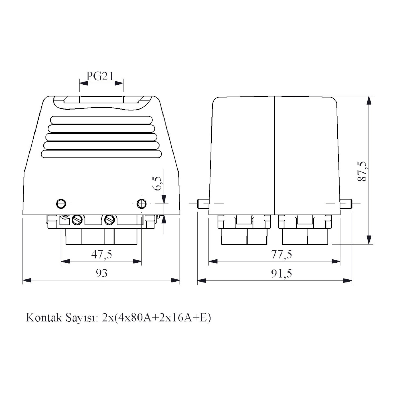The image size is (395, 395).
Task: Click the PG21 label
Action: tap(100, 76)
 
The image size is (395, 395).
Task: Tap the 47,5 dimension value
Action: tap(102, 254)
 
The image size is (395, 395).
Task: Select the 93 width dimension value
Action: tap(101, 273)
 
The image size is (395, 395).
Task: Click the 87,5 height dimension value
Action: tap(363, 171)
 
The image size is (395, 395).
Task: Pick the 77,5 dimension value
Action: tap(282, 254)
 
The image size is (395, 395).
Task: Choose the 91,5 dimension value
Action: tap(282, 274)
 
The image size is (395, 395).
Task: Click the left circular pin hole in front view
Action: tap(61, 203)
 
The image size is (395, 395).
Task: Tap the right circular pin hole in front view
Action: tap(142, 203)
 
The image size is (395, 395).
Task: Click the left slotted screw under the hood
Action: tap(77, 220)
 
